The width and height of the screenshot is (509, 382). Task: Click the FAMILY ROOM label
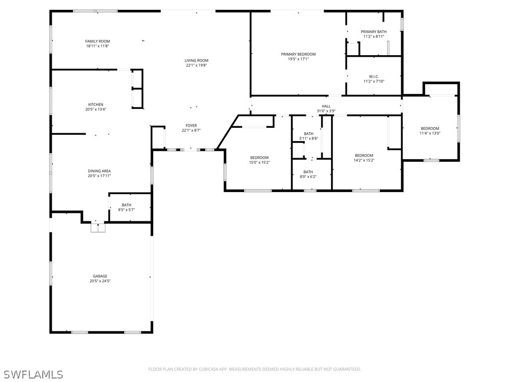pos(97,41)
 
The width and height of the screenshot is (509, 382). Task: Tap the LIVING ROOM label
pos(196,60)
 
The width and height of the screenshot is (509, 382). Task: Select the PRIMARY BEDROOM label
pos(298,54)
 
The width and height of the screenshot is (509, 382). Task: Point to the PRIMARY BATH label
pos(374,32)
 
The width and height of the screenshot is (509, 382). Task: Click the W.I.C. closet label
pos(374,77)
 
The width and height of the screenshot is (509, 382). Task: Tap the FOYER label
pos(191,125)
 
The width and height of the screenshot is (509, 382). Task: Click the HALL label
pos(326,106)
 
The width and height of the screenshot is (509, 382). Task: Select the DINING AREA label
pos(99,171)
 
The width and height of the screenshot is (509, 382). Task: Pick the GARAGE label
pos(100,276)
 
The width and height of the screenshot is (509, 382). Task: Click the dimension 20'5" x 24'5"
pos(100,281)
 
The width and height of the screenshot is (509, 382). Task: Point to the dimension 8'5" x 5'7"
pos(126,210)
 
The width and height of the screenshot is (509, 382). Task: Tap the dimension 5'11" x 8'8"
pos(309,138)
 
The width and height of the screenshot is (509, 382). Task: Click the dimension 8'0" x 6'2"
pos(308,177)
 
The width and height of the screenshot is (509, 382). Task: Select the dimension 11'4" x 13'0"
pos(430,133)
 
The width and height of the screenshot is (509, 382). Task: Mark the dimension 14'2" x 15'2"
pos(364,160)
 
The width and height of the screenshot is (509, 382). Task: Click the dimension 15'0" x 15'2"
pos(259,162)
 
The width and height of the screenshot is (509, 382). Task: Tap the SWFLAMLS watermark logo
pos(33,374)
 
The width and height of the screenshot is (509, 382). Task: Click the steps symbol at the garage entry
pos(98,227)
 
